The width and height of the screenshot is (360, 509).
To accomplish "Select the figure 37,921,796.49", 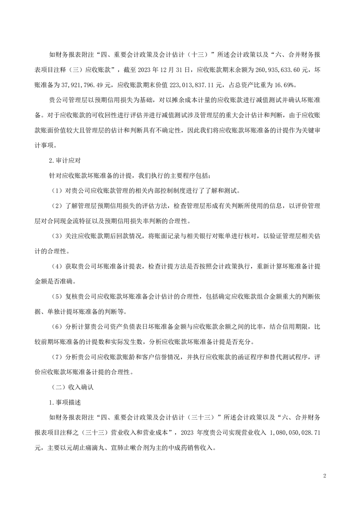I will pos(80,84).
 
